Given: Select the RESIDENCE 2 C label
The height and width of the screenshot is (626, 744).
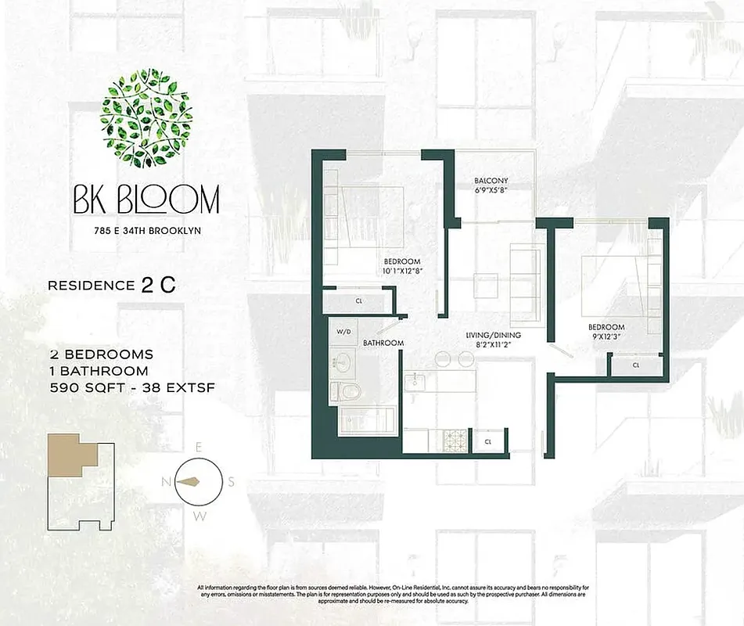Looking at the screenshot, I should click(x=111, y=286).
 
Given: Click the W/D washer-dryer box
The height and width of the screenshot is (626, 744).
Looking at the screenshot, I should click(x=343, y=330).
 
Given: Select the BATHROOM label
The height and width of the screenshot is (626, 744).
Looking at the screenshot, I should click(x=383, y=343).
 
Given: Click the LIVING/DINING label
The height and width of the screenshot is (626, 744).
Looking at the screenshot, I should click(x=493, y=336).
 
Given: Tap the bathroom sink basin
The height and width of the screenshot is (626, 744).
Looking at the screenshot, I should click(x=342, y=362).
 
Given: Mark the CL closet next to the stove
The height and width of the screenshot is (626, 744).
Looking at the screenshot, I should click(x=488, y=442).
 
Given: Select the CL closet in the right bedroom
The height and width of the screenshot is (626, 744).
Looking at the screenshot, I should click(x=636, y=365).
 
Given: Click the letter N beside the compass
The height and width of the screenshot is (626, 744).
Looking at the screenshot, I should click(x=166, y=481).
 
